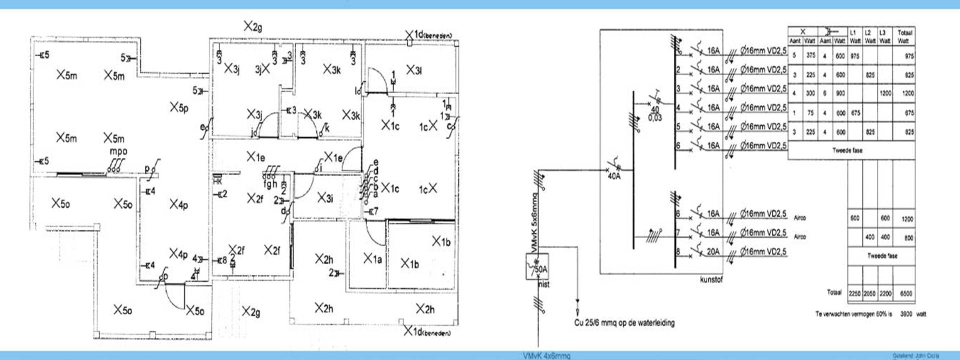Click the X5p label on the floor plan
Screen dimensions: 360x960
178,107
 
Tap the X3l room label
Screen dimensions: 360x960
413,70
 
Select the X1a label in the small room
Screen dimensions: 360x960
372,258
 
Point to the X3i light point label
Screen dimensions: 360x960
325,198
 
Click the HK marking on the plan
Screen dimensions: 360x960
217,181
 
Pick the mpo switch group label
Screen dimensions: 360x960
118,151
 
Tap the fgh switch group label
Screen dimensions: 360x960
270,184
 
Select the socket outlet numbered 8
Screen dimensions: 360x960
222,260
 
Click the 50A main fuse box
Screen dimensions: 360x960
537,266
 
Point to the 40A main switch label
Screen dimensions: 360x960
614,176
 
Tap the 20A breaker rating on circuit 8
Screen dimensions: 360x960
713,251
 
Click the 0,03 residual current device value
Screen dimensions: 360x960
655,117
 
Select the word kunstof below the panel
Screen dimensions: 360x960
711,279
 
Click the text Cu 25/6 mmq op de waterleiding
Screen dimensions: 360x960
624,322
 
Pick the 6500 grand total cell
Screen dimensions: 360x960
906,293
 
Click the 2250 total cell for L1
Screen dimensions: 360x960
854,293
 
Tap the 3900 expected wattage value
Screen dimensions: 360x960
906,314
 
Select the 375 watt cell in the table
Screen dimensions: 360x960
810,55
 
